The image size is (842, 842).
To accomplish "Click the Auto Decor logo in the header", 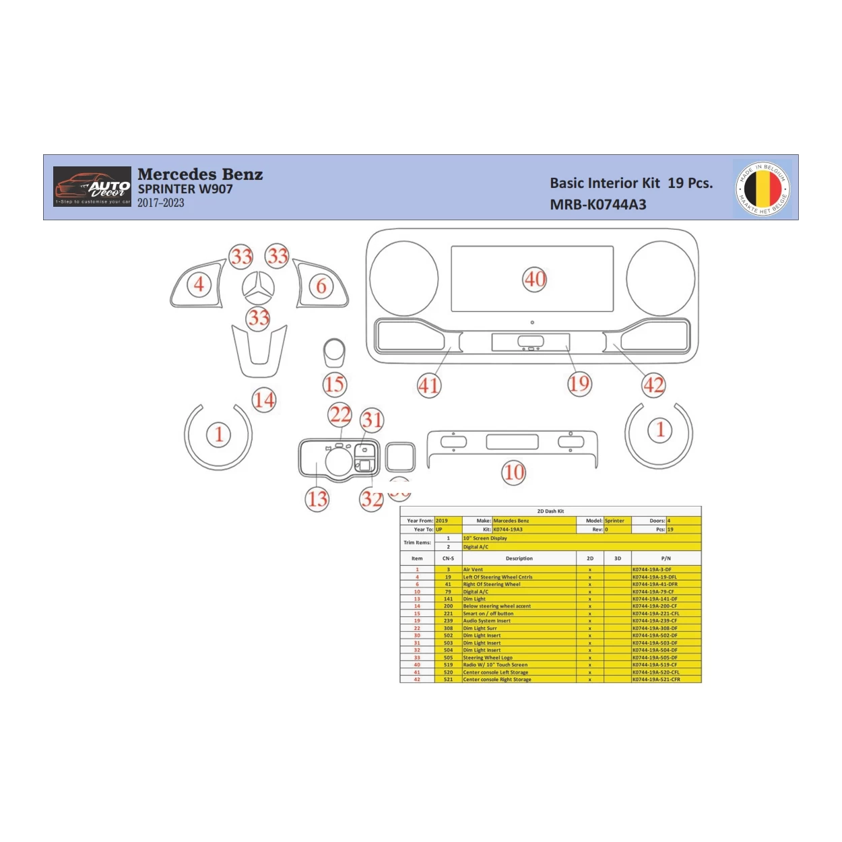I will coord(92,187).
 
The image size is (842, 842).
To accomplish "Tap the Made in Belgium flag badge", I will coord(763,188).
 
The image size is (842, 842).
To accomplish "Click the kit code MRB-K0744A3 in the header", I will coord(597,205).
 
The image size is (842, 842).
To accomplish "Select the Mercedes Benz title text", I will coord(200,174).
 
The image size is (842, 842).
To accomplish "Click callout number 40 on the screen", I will coord(535,279).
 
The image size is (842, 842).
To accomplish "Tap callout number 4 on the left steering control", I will coord(199,284).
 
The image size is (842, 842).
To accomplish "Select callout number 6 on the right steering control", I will coord(321,286).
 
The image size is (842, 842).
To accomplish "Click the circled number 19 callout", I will coord(579,384).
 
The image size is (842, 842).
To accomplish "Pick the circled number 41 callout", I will coord(429,385).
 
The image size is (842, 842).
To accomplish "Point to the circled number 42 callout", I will coord(653,385).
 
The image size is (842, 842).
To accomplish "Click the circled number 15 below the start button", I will coord(335,385).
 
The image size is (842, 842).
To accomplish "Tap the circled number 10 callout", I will coord(514,472).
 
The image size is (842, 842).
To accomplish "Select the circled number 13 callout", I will coord(317,499).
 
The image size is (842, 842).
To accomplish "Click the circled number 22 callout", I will coord(340,414).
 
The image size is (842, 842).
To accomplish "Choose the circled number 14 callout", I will coord(264,400).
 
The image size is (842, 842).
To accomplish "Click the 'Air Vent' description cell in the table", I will coord(473,570).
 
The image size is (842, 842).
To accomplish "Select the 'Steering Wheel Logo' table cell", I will coord(488,657).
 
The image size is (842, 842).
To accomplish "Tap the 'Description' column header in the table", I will coord(519,558).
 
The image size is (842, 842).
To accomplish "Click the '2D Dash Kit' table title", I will coord(550,511).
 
